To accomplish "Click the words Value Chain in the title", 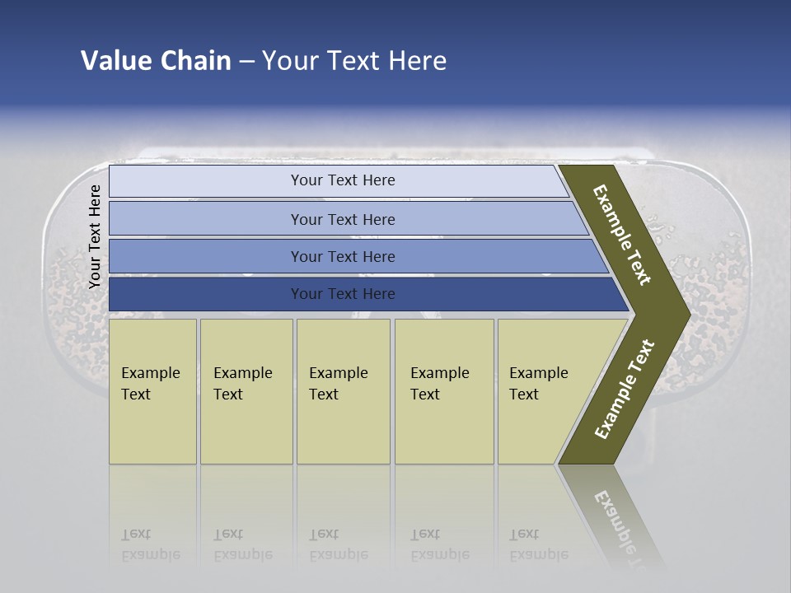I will [x=156, y=61].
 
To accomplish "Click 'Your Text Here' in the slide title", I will [x=354, y=61].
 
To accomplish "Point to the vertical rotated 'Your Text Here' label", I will [x=95, y=236].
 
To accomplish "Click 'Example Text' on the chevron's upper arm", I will [x=622, y=236].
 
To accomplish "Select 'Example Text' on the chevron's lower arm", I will [x=625, y=390].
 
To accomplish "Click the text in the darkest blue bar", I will [x=343, y=294].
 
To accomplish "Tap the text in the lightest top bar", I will [x=343, y=180].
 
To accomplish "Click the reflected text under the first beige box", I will [x=150, y=544].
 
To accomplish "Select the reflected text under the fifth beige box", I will [x=538, y=544].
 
